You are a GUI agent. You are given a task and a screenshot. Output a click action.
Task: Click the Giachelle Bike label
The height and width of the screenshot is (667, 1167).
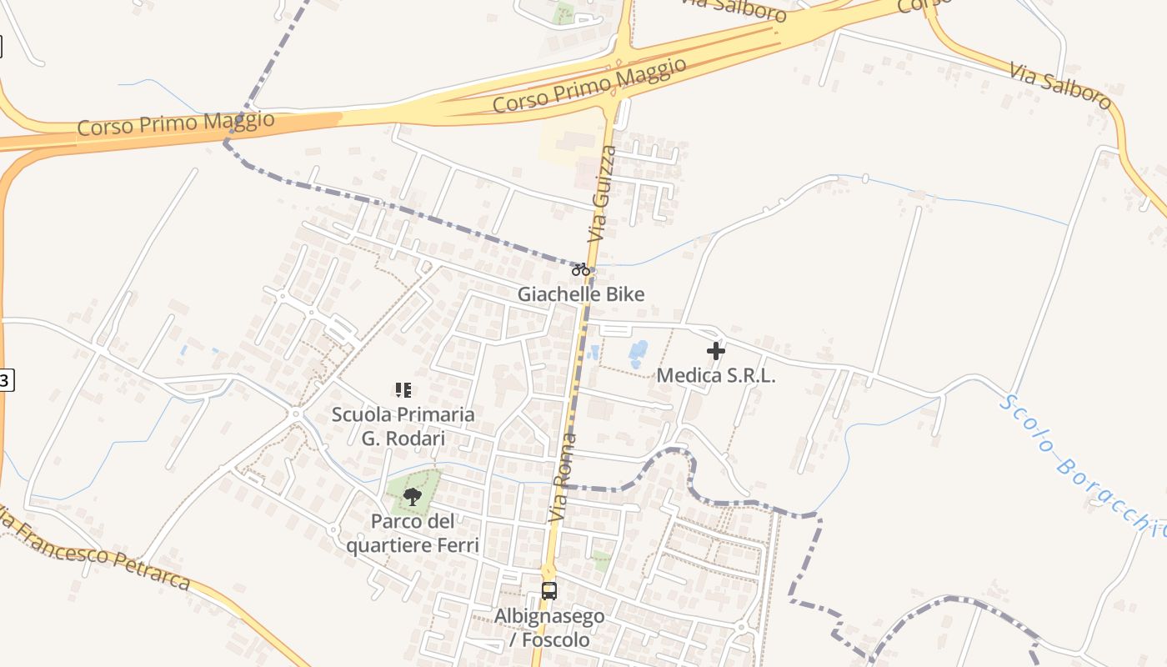[580, 294]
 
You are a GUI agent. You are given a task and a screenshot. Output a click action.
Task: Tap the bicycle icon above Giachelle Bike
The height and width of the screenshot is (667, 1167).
[581, 269]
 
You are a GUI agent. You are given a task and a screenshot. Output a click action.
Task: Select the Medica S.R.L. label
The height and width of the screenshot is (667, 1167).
[716, 375]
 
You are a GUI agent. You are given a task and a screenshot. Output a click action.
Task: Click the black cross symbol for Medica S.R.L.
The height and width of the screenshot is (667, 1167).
[716, 351]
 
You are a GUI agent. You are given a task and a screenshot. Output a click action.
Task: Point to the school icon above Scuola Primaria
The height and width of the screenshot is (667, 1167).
[403, 389]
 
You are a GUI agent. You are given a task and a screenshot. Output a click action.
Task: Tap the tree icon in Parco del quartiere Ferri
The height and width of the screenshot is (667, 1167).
[412, 498]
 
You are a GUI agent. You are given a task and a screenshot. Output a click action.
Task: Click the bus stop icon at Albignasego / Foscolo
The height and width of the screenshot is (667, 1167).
[548, 591]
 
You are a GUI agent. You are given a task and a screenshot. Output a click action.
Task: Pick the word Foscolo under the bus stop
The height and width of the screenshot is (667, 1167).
[558, 640]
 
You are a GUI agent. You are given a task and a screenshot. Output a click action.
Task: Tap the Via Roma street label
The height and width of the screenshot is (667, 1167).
[563, 479]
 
